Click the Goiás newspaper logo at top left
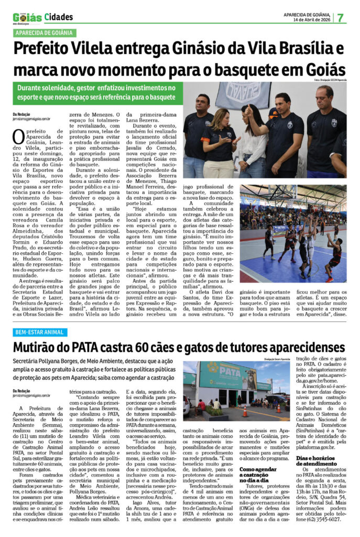click(x=27, y=17)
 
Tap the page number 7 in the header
click(x=341, y=17)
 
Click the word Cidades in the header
click(x=59, y=17)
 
